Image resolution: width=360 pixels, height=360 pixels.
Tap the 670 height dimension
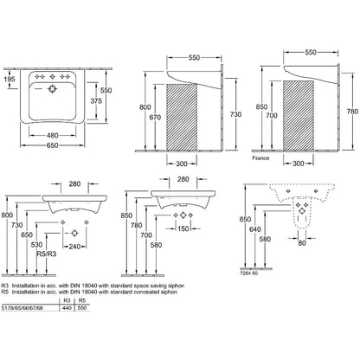(x=157, y=117)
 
